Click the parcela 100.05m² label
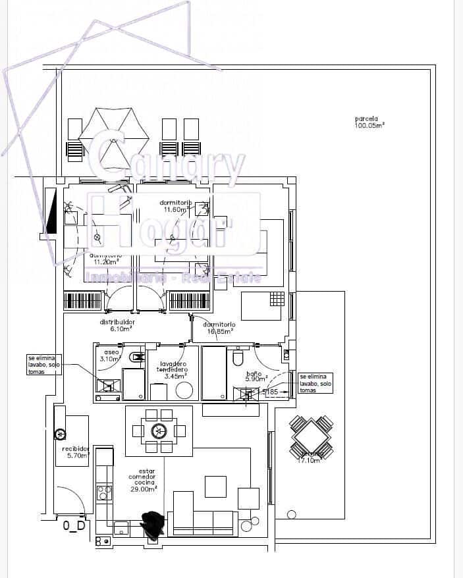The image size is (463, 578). [369, 122]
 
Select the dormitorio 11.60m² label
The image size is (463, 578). [175, 205]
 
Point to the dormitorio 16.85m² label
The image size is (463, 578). [219, 328]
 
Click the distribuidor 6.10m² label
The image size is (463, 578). [117, 325]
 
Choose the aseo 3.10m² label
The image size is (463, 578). [110, 356]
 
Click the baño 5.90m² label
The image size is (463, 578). [254, 377]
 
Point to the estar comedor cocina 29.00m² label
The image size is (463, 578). [142, 481]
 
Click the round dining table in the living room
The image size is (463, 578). [159, 431]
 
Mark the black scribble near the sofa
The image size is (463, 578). [155, 525]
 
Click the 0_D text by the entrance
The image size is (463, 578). [74, 525]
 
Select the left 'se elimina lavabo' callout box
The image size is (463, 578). [45, 363]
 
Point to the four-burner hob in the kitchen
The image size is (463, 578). [104, 491]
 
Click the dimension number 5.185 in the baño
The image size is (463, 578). [270, 392]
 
